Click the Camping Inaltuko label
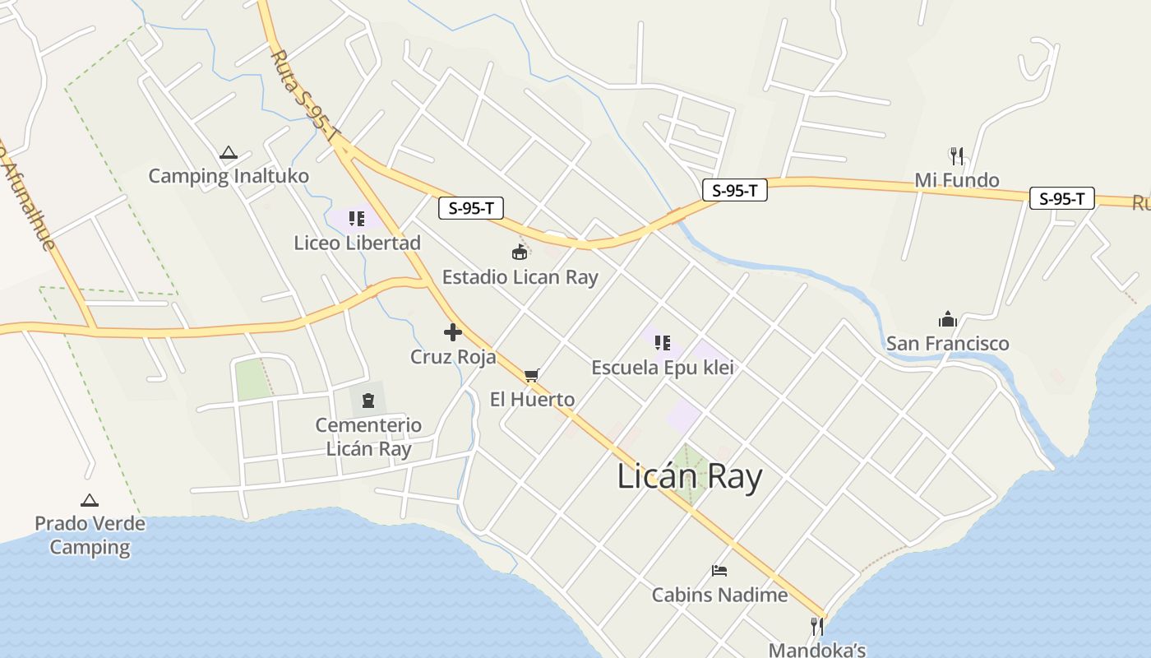[229, 176]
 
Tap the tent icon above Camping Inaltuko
[229, 152]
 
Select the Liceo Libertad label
[358, 243]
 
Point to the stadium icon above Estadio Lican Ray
[520, 252]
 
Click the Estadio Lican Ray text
[520, 277]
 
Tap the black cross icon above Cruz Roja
[452, 332]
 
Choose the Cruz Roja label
[453, 357]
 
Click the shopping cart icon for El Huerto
[532, 375]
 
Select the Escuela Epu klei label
[663, 368]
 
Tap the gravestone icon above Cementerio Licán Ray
[367, 401]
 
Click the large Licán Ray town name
[690, 477]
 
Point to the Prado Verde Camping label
[90, 535]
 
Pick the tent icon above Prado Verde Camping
[90, 500]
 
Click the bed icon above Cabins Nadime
[719, 570]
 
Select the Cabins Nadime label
[719, 595]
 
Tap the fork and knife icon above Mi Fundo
[956, 155]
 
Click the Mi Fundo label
[957, 180]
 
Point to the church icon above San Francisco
[947, 319]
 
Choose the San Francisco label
[947, 343]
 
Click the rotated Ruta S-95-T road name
[304, 95]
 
